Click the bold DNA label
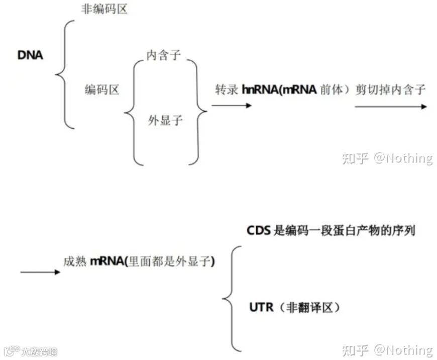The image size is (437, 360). coord(31,55)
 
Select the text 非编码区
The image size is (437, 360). coord(104,9)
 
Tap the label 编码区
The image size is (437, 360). coord(102,90)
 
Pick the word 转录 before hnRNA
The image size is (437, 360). coord(227,89)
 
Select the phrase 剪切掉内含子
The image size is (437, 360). coord(390,89)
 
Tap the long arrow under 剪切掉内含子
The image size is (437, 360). coord(391,107)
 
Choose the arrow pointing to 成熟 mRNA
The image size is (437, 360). coord(40,272)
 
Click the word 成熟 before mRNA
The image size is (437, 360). coord(75,262)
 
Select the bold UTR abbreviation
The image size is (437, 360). coord(261,307)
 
